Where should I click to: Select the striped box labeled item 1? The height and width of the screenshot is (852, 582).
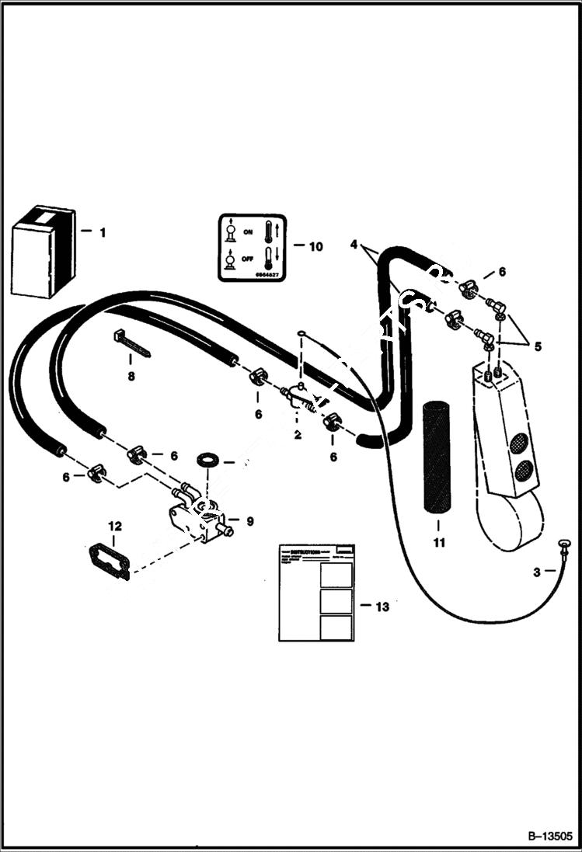coord(43,252)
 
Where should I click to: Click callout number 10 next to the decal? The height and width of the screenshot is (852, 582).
coord(315,247)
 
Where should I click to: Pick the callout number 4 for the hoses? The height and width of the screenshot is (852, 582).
coord(354,245)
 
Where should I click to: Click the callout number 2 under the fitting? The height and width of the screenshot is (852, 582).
coord(297,435)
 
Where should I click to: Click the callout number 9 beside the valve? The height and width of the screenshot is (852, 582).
coord(249,521)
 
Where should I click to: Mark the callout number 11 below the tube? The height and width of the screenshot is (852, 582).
coord(439,543)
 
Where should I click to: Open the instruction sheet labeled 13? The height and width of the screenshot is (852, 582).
coord(316,593)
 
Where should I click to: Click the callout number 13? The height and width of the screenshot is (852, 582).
coord(382,607)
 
